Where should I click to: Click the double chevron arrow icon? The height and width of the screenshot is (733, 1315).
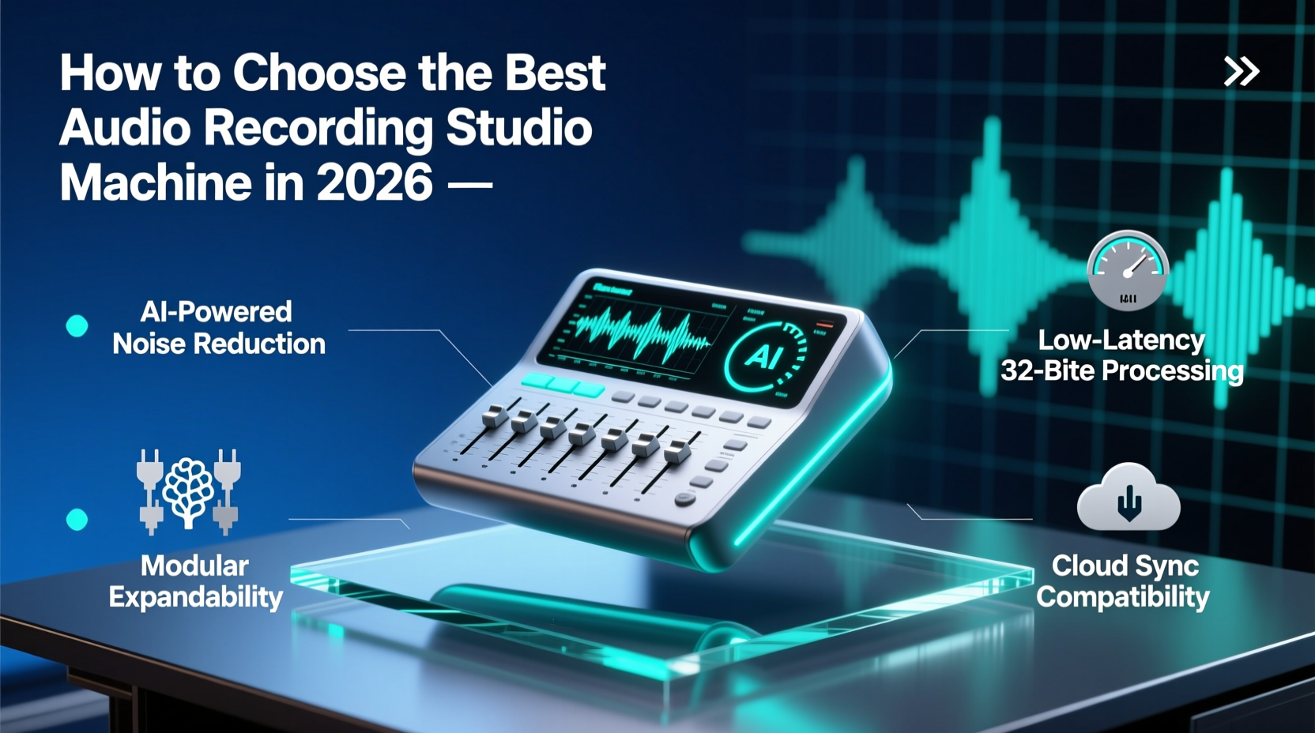[1241, 72]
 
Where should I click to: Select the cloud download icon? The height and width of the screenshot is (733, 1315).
[1128, 498]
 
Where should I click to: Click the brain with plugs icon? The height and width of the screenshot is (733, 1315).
[188, 491]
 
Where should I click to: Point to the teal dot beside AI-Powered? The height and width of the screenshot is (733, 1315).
[77, 325]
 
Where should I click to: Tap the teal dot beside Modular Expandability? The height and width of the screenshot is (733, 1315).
[77, 519]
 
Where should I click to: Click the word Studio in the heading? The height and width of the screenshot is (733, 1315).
[519, 128]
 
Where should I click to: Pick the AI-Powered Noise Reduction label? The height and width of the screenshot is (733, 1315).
[218, 328]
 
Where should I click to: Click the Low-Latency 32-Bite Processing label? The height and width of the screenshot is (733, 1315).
[1121, 355]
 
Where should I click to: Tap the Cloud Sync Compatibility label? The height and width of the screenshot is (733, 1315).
[1123, 581]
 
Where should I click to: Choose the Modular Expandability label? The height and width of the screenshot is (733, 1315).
[195, 581]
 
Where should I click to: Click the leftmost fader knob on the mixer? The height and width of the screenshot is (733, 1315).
[494, 415]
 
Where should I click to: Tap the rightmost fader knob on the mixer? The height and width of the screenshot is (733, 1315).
[676, 452]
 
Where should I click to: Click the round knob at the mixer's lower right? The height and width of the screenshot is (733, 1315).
[684, 499]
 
